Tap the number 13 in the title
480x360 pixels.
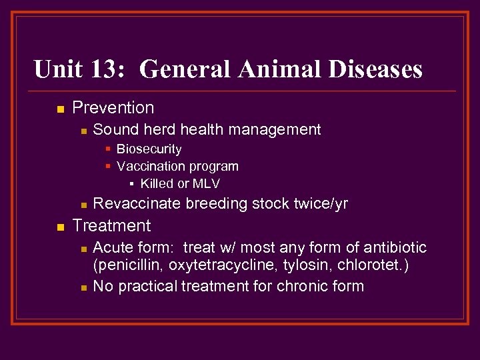pos(103,69)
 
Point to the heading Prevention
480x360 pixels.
pos(113,108)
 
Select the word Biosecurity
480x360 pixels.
pos(149,149)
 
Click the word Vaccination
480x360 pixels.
pos(150,166)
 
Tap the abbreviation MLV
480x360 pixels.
pos(206,183)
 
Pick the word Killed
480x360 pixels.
pos(156,183)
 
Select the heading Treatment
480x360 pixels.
pos(111,225)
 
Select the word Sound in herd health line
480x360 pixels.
pos(114,129)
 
